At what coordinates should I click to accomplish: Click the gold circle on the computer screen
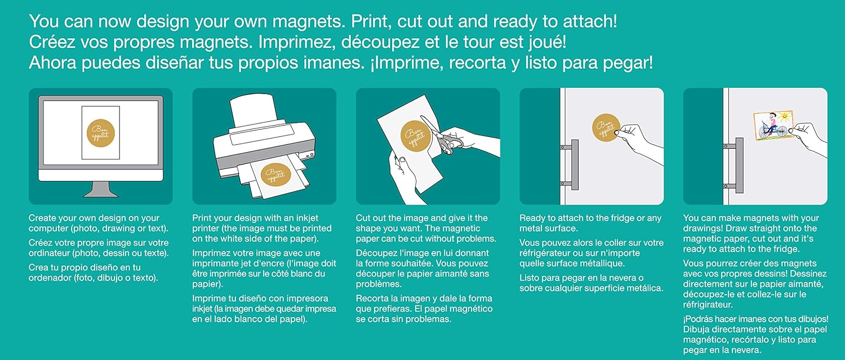coord(100,132)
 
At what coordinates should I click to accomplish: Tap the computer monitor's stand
coord(101,189)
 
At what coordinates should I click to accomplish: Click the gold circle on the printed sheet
coord(275,174)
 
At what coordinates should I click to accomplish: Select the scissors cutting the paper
coord(441,135)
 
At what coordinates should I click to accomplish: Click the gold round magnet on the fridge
coord(606,128)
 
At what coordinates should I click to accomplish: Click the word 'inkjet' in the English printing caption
coord(305,218)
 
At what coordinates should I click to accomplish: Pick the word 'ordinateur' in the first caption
coord(49,253)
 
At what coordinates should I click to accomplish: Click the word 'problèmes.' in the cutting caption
coord(376,284)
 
